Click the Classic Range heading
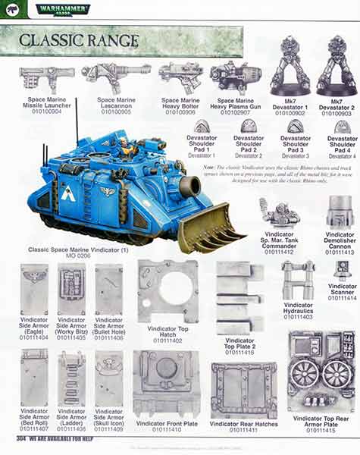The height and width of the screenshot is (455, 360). pyautogui.click(x=79, y=40)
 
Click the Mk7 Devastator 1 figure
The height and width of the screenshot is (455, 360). pyautogui.click(x=290, y=64)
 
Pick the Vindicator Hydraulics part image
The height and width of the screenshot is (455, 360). pyautogui.click(x=299, y=281)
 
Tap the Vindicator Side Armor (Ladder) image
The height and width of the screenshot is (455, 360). pyautogui.click(x=71, y=378)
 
